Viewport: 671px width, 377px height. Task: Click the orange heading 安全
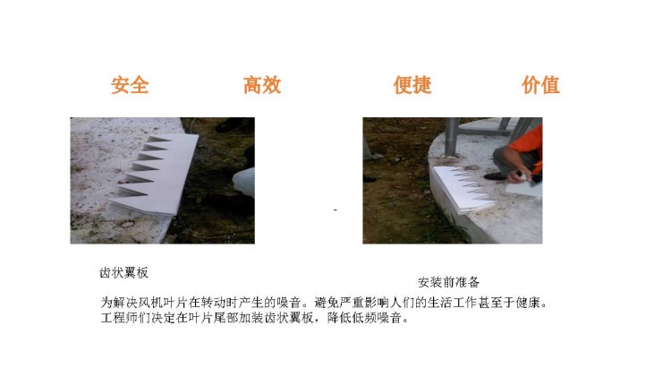tap(130, 84)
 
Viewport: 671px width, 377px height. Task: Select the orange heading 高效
tap(262, 84)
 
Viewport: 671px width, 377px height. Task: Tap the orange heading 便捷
tap(412, 84)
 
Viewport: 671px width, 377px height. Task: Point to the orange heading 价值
tap(540, 84)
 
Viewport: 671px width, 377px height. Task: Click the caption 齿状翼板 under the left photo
tap(123, 272)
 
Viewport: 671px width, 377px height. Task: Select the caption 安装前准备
tap(448, 282)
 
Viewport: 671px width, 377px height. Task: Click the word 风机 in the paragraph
tap(151, 303)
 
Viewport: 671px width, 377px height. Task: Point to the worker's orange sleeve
tap(529, 146)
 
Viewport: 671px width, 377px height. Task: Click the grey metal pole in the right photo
tap(452, 137)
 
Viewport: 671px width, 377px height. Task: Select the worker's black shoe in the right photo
tap(496, 176)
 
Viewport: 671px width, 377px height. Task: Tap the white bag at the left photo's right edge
tap(244, 182)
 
